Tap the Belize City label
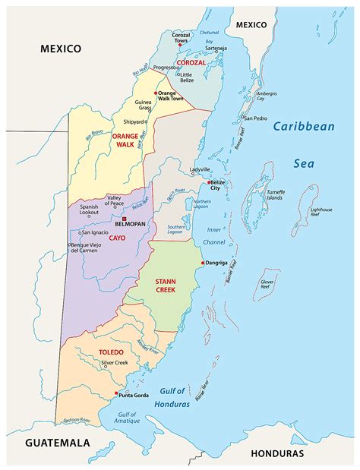pyautogui.click(x=218, y=186)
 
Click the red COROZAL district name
pyautogui.click(x=191, y=63)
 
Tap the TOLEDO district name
pyautogui.click(x=110, y=352)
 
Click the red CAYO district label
pyautogui.click(x=117, y=237)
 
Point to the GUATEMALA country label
pyautogui.click(x=57, y=443)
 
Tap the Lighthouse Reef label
pyautogui.click(x=321, y=213)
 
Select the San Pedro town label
pyautogui.click(x=254, y=118)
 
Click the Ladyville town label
pyautogui.click(x=201, y=169)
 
